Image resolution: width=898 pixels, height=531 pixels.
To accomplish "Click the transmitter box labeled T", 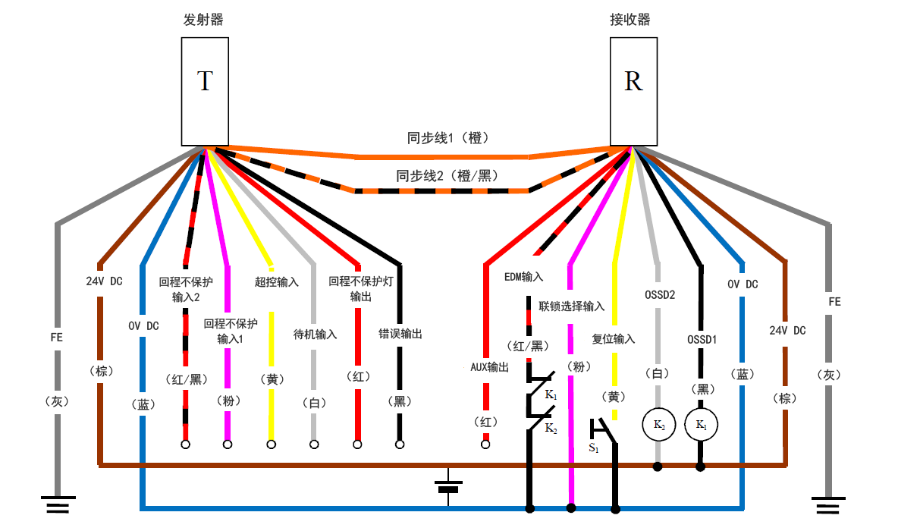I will pyautogui.click(x=205, y=91).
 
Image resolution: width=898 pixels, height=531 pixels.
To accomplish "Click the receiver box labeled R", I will pyautogui.click(x=633, y=91).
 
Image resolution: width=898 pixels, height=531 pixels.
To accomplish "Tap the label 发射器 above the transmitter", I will pyautogui.click(x=203, y=20).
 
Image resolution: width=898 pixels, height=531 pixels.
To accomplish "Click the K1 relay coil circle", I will pyautogui.click(x=700, y=425).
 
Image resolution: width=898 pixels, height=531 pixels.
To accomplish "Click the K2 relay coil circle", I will pyautogui.click(x=658, y=425).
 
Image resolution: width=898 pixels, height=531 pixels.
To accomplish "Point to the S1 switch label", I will pyautogui.click(x=594, y=448).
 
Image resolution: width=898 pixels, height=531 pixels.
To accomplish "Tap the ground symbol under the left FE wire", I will pyautogui.click(x=57, y=503).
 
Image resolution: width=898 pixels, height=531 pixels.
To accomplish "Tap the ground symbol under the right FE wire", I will pyautogui.click(x=829, y=503).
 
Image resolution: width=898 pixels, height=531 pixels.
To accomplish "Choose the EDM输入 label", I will pyautogui.click(x=523, y=278).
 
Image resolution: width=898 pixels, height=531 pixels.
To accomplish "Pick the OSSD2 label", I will pyautogui.click(x=660, y=294).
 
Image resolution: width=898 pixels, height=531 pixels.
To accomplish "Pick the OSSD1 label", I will pyautogui.click(x=702, y=339).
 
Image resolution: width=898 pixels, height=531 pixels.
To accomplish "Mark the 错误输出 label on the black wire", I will pyautogui.click(x=400, y=333).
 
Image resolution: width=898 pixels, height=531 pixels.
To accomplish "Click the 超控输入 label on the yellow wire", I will pyautogui.click(x=276, y=281).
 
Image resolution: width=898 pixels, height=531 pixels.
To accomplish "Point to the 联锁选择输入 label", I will pyautogui.click(x=571, y=306).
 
